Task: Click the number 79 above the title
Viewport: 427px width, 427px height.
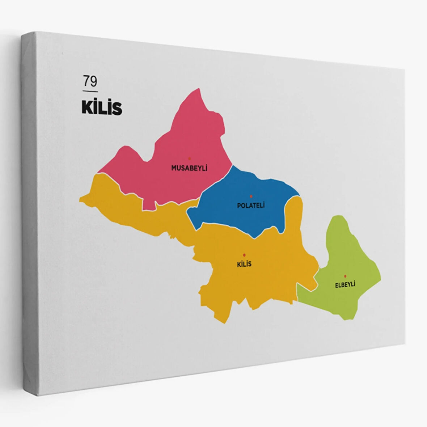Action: pyautogui.click(x=90, y=81)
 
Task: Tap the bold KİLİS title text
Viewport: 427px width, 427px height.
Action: pyautogui.click(x=102, y=107)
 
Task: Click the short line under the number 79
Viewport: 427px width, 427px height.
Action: pyautogui.click(x=90, y=91)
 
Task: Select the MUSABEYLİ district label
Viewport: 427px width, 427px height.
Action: pyautogui.click(x=189, y=168)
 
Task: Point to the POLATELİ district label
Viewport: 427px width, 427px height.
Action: pyautogui.click(x=251, y=206)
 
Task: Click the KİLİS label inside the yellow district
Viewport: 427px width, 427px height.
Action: pyautogui.click(x=244, y=264)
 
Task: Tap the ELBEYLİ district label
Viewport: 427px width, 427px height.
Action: pyautogui.click(x=345, y=284)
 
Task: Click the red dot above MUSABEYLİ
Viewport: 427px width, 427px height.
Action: pyautogui.click(x=189, y=158)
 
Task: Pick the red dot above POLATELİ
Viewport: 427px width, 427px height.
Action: pyautogui.click(x=251, y=196)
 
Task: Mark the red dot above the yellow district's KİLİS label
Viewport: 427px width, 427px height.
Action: pyautogui.click(x=244, y=255)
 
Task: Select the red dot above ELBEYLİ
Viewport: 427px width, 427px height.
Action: pyautogui.click(x=345, y=276)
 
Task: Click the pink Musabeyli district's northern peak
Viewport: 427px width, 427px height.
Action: pyautogui.click(x=198, y=89)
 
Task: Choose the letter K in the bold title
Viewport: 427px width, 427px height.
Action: pyautogui.click(x=87, y=107)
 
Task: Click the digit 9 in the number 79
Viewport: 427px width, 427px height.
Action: pyautogui.click(x=94, y=81)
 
